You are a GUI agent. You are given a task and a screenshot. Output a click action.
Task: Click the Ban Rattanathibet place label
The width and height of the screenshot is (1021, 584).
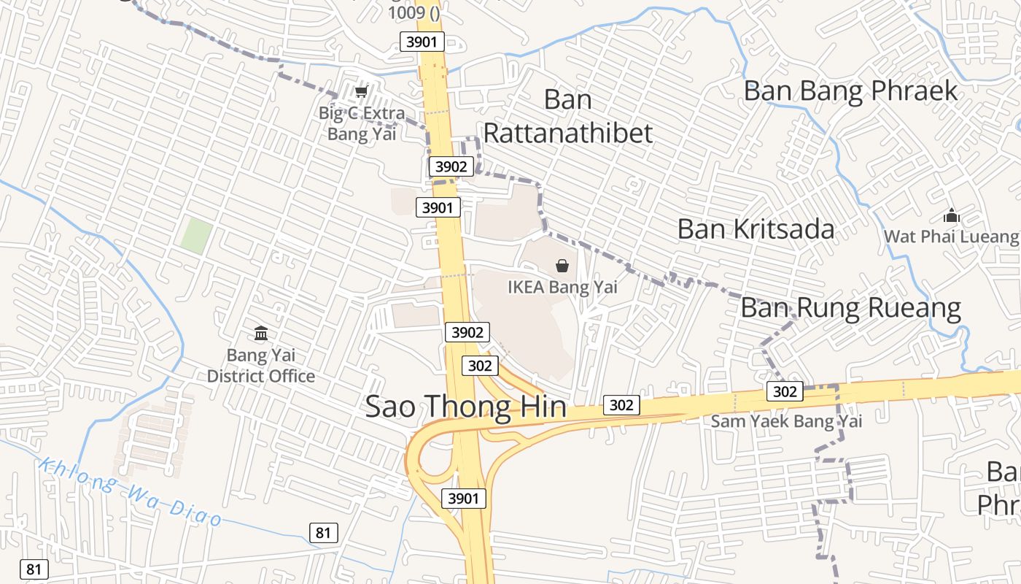pos(567,117)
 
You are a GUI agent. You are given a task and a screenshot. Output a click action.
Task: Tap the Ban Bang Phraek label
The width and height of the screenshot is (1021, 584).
pos(850,91)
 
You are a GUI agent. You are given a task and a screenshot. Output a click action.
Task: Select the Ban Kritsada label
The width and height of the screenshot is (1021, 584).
pos(756,229)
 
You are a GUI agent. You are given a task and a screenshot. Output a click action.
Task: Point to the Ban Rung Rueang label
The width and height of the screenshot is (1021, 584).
pos(850,308)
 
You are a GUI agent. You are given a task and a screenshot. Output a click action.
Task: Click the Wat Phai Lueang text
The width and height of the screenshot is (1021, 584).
pos(951,237)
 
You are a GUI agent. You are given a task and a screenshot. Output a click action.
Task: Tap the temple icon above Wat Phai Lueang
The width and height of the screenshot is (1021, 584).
pos(951,216)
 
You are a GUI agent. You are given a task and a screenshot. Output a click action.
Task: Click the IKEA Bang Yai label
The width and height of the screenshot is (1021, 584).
pos(562,287)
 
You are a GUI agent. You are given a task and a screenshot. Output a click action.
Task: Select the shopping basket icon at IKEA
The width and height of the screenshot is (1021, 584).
pos(562,266)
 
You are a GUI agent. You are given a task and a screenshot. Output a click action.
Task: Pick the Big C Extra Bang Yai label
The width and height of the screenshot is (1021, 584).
pos(361,123)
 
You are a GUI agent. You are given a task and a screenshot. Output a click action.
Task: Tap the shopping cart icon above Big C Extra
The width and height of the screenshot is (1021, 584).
pos(360,92)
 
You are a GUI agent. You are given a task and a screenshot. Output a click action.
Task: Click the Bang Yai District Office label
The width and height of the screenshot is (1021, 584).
pos(261,366)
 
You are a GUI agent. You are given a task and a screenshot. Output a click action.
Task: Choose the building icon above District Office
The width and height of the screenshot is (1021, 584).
pos(261,334)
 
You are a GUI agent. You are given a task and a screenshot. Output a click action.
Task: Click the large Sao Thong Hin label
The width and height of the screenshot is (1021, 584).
pos(465,407)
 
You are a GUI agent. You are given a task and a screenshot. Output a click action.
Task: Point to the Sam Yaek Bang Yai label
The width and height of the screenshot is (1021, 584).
pos(786,421)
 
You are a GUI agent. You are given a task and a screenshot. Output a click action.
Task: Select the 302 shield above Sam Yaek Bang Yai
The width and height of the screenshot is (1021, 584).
pos(785,391)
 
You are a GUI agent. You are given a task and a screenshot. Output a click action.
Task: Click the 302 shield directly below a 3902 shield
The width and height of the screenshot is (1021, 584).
pos(479,366)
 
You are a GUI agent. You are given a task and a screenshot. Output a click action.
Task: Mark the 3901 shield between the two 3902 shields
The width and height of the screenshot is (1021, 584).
pos(438,208)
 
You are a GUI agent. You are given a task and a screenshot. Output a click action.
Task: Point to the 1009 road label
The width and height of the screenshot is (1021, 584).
pos(415,12)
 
